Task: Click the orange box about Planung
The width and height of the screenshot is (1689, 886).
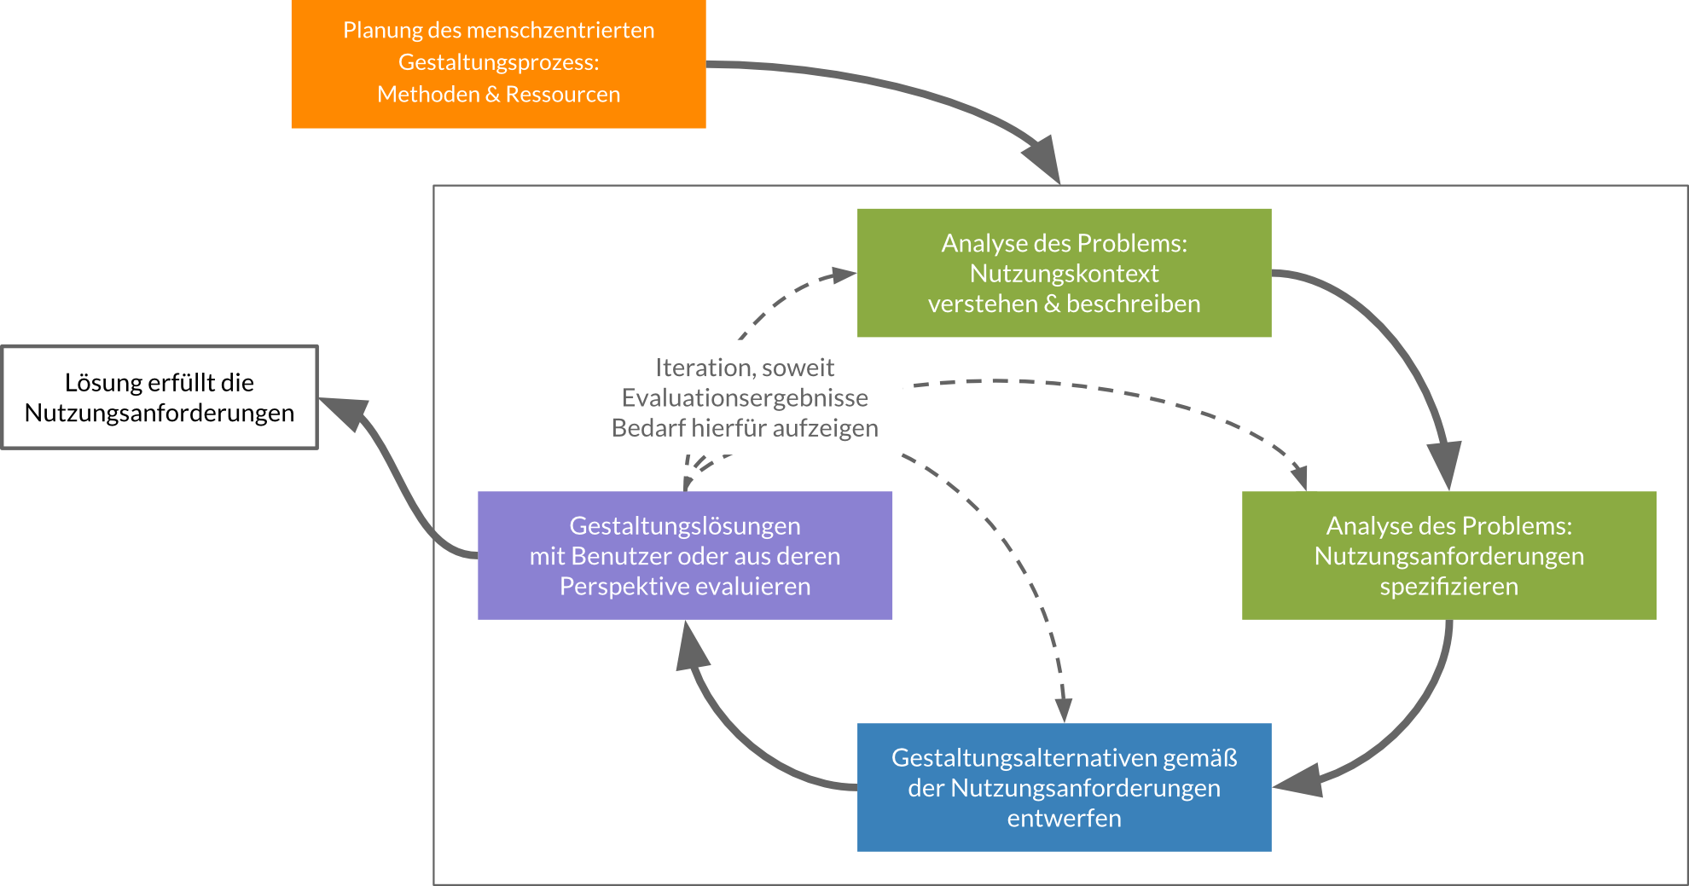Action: point(498,64)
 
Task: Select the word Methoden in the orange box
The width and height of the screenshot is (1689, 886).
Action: point(428,95)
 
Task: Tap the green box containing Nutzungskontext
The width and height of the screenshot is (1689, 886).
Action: point(1064,273)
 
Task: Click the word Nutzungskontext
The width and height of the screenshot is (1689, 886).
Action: point(1064,274)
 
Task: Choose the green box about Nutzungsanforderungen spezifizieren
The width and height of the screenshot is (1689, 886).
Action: point(1448,555)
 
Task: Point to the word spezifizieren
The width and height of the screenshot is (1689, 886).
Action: point(1448,587)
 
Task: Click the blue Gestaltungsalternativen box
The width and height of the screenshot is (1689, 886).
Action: point(1064,787)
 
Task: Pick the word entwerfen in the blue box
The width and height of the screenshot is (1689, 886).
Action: point(1064,819)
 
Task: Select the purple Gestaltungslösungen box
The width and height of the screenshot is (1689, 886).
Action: point(684,555)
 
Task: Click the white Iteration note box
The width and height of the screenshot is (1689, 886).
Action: point(744,397)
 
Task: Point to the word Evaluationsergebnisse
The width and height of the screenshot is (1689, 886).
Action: point(744,398)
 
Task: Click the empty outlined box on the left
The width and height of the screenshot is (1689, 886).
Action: point(160,397)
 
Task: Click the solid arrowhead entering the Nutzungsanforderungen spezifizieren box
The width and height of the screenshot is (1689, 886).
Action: point(1444,465)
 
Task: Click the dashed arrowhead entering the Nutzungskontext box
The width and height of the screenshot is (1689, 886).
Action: point(844,275)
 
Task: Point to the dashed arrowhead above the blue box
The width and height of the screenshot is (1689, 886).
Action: point(1063,709)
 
